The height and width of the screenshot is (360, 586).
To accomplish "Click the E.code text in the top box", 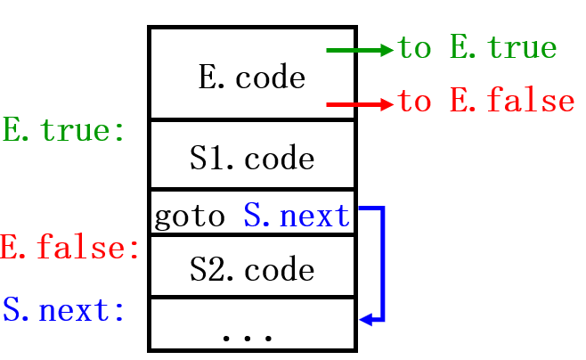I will tap(251, 78).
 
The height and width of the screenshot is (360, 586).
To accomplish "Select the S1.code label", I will tap(252, 159).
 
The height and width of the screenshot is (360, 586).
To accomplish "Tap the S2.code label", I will tap(252, 268).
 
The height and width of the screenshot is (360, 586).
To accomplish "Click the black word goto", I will tap(189, 217).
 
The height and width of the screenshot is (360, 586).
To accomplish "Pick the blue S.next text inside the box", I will tap(297, 217).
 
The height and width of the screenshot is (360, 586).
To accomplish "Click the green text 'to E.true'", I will tap(476, 48).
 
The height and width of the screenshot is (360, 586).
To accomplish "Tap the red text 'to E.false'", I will tap(485, 102).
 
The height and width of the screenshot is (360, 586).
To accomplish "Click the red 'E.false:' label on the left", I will tap(69, 247).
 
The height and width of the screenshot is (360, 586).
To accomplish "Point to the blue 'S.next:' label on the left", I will tap(63, 310).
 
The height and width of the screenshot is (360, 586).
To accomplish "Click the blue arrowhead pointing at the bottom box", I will tap(364, 318).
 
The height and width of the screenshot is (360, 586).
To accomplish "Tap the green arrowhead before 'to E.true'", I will tap(386, 50).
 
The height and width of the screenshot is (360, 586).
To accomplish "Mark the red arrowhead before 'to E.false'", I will tap(386, 105).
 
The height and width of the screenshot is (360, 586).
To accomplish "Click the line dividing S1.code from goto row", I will tap(252, 190).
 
